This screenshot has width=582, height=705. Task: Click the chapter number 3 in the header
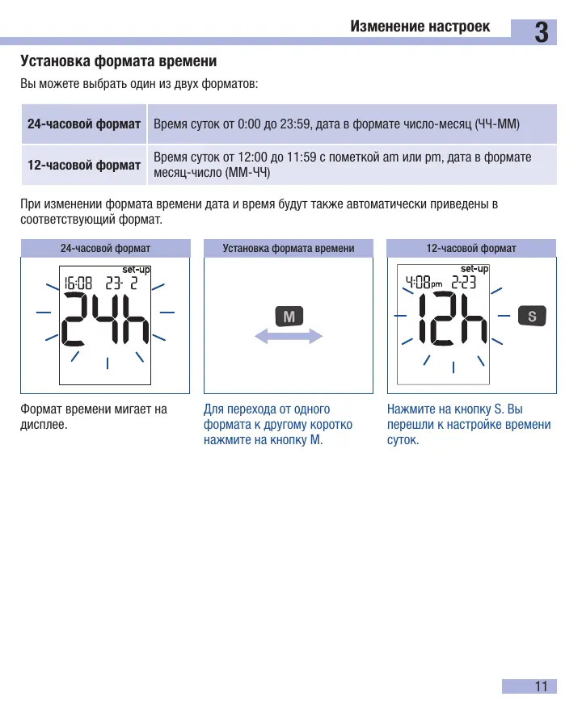pos(542,32)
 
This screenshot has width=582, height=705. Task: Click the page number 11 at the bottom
pos(541,686)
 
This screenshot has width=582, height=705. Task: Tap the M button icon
pos(289,316)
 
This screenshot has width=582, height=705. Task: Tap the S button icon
pos(532,316)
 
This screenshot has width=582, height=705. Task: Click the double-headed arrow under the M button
pos(289,336)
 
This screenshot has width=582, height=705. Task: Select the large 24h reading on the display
pos(105,319)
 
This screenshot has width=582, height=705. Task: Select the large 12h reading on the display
pos(453,318)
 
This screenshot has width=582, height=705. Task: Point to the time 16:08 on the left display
pos(78,283)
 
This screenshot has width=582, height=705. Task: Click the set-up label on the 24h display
pos(136,270)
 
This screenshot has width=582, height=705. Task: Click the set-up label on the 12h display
pos(474,269)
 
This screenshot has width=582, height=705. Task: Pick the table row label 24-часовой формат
pos(84,124)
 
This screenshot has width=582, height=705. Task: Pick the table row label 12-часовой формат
pos(84,165)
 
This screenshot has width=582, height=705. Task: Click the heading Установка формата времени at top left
pos(118,61)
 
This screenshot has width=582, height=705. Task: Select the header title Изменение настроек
pos(420,26)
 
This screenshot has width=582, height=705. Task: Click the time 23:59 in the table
pos(295,124)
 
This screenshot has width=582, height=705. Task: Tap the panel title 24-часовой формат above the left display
pos(105,248)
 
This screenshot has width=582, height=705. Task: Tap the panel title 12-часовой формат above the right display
pos(471,248)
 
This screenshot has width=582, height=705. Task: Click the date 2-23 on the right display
pos(464,283)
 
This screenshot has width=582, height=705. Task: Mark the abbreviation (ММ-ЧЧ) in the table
pos(247,172)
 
